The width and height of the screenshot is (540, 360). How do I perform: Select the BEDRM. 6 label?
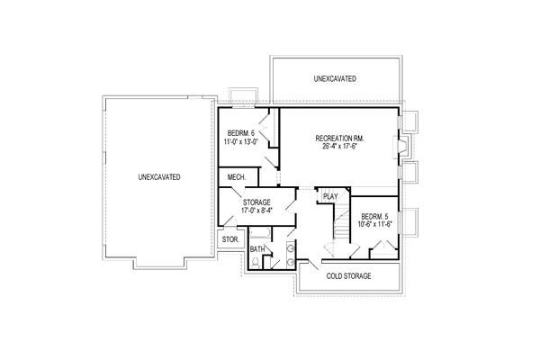(240, 132)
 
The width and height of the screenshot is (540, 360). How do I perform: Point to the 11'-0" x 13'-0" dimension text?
(240, 142)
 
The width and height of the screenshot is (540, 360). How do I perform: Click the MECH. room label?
(238, 177)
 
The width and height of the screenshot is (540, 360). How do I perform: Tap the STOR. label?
(229, 240)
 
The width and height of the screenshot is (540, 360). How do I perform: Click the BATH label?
(257, 249)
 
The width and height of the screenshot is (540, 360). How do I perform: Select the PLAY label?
(329, 195)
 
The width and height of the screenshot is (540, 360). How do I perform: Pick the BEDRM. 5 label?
(373, 217)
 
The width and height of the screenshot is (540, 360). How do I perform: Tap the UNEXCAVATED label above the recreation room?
(335, 79)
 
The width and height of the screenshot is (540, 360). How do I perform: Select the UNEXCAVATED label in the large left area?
(159, 177)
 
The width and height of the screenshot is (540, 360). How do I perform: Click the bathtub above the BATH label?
(259, 233)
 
